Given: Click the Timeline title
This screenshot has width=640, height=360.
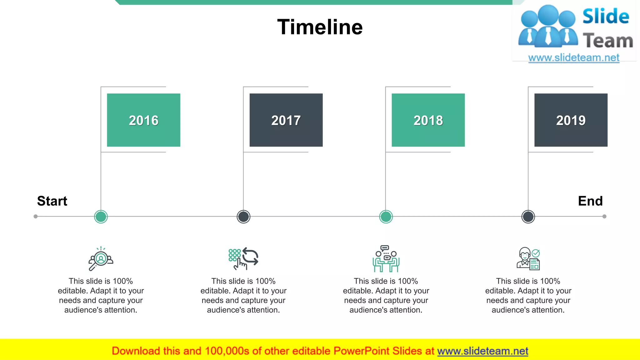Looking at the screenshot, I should coord(320,27).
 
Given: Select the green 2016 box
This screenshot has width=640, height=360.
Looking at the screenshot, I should coord(143,120).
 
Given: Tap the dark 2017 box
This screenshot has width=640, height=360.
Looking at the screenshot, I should coord(286,120).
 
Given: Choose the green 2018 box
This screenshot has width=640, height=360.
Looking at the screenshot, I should coord(428,120).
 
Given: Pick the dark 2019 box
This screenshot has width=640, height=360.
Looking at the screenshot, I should coord(571,120).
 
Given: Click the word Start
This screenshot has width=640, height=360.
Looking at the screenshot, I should coord(52,201).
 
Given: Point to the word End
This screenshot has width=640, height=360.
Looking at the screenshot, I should coord(590,201).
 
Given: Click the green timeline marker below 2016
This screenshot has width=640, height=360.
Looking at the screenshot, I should coord(101,217).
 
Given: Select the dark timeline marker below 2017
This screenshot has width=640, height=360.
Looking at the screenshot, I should coord(243,217).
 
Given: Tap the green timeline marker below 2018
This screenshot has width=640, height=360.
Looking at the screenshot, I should coord(386,217).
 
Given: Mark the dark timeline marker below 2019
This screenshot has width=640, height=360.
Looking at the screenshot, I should coord(528,217).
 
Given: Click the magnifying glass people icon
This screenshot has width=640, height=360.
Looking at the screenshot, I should coord(101,259).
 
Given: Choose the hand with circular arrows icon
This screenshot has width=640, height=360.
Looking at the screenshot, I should coord(243,259).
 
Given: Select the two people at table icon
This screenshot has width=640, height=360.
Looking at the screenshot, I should coord(386,259).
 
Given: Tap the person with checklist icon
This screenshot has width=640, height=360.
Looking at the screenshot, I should coord(528,259).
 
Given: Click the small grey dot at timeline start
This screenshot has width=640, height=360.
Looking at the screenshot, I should coord(36,216).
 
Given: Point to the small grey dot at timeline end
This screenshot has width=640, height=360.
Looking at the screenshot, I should coord(604,216).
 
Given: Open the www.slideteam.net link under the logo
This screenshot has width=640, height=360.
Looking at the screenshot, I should coord(574,57).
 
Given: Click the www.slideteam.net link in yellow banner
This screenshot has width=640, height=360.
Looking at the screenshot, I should coord(482,351).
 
